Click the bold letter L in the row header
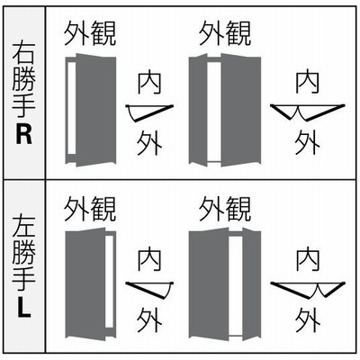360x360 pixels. click(x=24, y=307)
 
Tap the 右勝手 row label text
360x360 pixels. click(x=24, y=80)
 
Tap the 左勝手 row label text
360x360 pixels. click(x=24, y=254)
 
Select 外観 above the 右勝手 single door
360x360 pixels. click(x=90, y=33)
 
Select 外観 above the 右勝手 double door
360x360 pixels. click(x=225, y=33)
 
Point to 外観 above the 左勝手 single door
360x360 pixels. click(x=90, y=209)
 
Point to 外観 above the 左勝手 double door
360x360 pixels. click(x=225, y=209)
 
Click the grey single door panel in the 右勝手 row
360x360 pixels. click(x=95, y=110)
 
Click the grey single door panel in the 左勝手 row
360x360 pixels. click(x=85, y=284)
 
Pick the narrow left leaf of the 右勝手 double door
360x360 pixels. click(x=198, y=110)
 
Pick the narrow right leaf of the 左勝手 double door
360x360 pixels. click(x=251, y=284)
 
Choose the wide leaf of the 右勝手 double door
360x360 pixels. click(x=241, y=110)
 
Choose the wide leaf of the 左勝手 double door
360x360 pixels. click(x=209, y=284)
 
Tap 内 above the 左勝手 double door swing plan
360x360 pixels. click(x=307, y=258)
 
